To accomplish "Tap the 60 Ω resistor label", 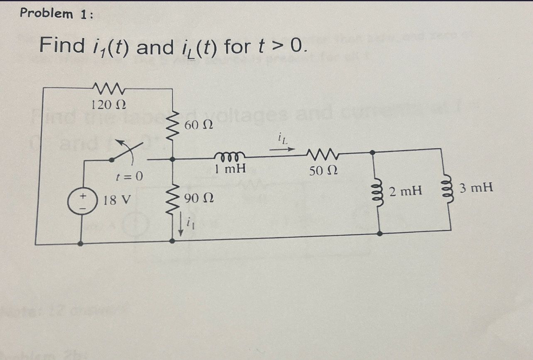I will coord(198,124).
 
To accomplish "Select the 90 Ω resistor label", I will coord(198,199).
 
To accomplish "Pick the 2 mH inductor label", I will coord(406,191).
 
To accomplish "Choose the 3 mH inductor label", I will coord(477,188).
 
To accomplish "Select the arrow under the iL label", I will coord(286,148).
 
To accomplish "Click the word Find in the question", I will coord(62,46).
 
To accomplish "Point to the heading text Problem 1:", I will coord(57,14).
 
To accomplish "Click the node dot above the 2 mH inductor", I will coord(373,152).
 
